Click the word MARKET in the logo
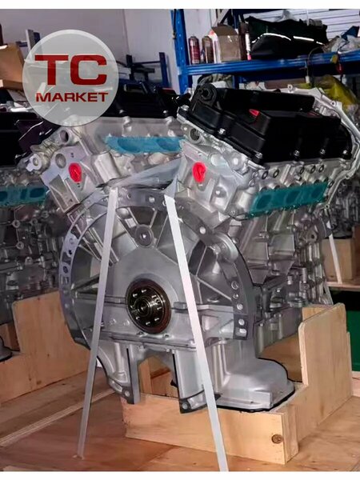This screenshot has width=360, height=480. (x=72, y=97)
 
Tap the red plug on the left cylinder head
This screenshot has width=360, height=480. (x=75, y=172)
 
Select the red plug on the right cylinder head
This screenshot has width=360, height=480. (x=198, y=172)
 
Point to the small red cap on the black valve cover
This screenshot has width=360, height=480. (x=254, y=112)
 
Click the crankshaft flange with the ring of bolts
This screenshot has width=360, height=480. (x=149, y=306)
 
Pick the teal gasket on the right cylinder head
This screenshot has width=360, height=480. (x=290, y=195)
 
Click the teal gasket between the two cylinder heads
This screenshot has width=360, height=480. (x=144, y=143)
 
